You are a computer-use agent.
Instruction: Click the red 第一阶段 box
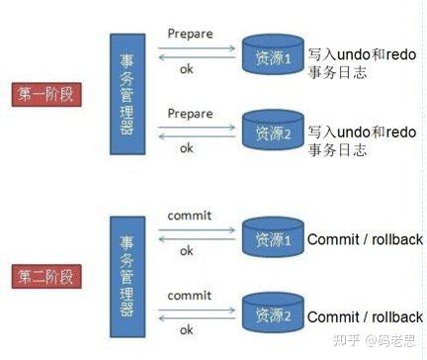point(47,94)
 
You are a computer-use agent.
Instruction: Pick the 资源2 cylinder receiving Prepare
point(270,130)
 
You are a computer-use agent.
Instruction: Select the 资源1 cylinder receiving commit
point(270,239)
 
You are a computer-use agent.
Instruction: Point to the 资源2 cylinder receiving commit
point(270,316)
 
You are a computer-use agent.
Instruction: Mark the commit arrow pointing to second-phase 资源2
point(192,309)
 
